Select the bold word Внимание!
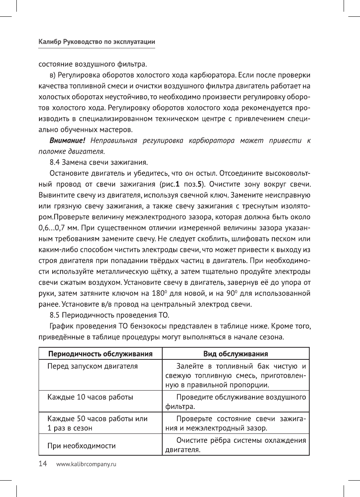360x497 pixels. click(67, 140)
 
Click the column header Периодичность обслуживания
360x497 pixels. click(100, 354)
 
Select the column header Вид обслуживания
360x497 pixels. click(235, 354)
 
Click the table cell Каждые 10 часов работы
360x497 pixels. click(90, 398)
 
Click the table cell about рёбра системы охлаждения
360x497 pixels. click(235, 446)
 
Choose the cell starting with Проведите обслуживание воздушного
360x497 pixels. click(235, 402)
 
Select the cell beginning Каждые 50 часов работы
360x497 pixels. click(97, 424)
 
